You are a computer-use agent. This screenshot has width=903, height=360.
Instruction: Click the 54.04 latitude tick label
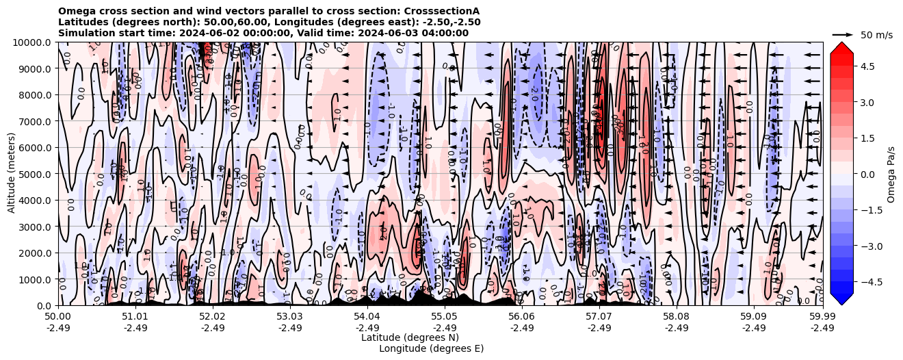367,317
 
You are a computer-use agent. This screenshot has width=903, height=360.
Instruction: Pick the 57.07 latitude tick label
599,317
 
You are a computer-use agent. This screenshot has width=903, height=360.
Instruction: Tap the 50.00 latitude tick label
58,317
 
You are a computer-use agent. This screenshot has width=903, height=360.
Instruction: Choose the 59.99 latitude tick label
822,317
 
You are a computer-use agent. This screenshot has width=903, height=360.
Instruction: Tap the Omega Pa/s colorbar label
891,174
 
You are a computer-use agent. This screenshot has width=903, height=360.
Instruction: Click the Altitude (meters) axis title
12,174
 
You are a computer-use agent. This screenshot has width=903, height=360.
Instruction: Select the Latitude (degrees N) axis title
410,337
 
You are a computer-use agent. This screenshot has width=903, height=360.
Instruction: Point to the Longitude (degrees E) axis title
431,348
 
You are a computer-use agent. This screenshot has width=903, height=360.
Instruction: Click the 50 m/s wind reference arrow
843,34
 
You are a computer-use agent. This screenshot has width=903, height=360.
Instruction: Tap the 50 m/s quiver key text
876,35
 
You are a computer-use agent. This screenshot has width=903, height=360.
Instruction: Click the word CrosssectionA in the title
442,11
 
